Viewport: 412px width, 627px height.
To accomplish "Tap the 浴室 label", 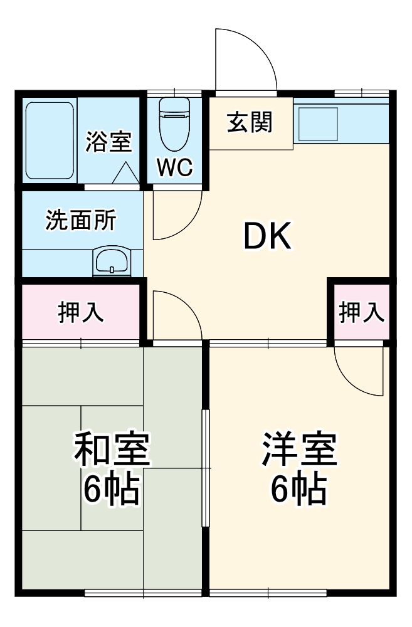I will pyautogui.click(x=108, y=142).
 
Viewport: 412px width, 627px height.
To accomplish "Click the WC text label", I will pyautogui.click(x=175, y=167).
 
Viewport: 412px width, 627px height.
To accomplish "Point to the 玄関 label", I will pyautogui.click(x=250, y=122).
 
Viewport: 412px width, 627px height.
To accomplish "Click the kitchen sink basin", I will pyautogui.click(x=319, y=124).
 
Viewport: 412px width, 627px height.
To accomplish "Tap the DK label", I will pyautogui.click(x=267, y=237).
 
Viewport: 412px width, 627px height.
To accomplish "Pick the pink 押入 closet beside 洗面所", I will pyautogui.click(x=81, y=312).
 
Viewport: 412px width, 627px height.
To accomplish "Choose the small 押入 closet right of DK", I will pyautogui.click(x=361, y=312).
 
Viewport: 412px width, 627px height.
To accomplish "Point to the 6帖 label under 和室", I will pyautogui.click(x=111, y=490).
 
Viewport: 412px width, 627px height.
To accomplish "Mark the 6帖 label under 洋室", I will pyautogui.click(x=298, y=490).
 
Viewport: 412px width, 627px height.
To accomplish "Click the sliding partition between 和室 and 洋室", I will pyautogui.click(x=205, y=467).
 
